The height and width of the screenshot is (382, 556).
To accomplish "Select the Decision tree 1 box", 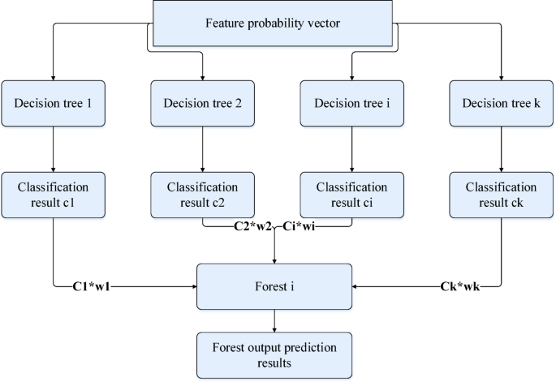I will pos(53,103).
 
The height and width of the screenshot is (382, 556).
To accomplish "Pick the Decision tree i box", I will pos(351,103).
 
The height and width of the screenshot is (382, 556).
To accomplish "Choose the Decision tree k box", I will pos(501,103).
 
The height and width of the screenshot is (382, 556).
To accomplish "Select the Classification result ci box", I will pos(351,194).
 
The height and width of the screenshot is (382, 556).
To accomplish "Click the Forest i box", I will pos(276,285).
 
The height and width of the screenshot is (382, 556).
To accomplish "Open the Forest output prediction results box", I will pos(276,354).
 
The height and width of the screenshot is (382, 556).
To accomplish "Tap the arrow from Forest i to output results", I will pos(276,320).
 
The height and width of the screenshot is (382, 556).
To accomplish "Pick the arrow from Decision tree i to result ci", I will pos(351,149).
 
